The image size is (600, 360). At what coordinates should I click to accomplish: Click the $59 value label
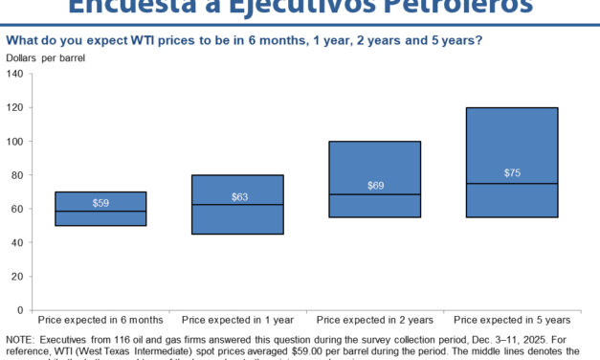(x=100, y=203)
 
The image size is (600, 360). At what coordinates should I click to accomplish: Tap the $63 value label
(x=239, y=196)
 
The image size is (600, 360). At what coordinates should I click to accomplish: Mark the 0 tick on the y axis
(x=20, y=310)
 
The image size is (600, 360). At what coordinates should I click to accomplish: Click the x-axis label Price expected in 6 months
(x=100, y=319)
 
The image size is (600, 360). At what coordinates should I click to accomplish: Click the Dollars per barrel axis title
(x=46, y=59)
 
